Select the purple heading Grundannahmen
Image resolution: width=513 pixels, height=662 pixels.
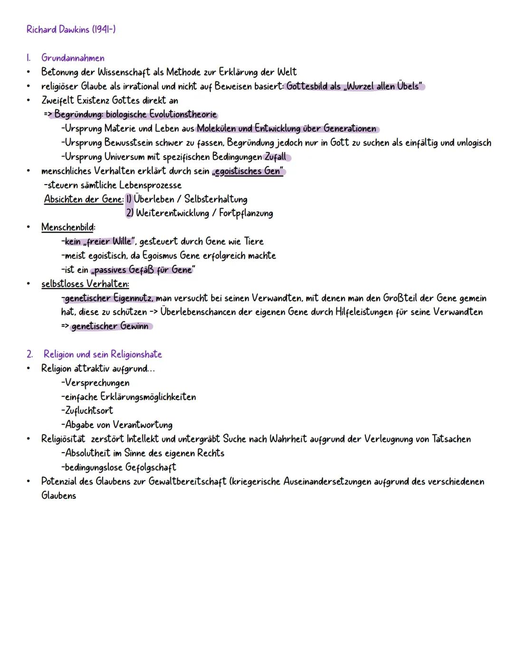pos(73,58)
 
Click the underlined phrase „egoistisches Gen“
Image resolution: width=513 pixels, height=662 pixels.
pos(249,171)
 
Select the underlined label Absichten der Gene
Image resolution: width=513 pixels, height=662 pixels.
pos(84,199)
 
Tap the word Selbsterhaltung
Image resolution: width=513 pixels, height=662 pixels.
pos(216,199)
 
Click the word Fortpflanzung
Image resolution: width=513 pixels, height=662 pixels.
pos(246,214)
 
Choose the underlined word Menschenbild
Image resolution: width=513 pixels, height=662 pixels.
pos(67,227)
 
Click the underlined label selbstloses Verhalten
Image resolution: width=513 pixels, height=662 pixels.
pos(85,284)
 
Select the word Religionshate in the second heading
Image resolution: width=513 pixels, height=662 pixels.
pos(136,354)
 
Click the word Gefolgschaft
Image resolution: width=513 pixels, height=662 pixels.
pos(147,467)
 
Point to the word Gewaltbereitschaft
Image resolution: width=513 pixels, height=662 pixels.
pos(187,482)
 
